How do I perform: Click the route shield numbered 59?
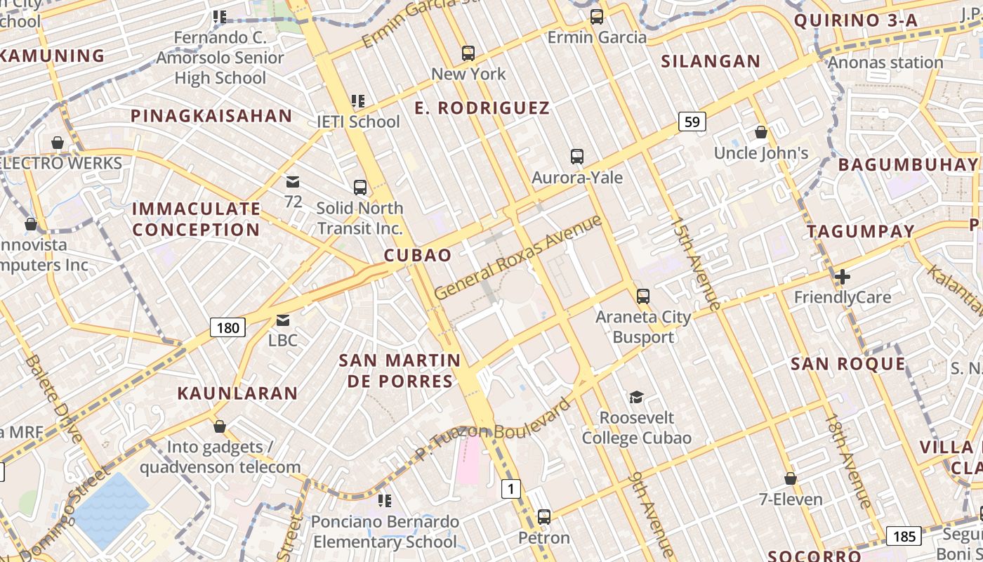click(x=692, y=122)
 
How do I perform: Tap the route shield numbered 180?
click(x=227, y=327)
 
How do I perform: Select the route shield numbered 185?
click(x=904, y=537)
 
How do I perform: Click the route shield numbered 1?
click(x=511, y=489)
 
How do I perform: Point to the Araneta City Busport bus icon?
click(x=643, y=296)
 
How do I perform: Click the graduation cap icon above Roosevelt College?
click(x=636, y=398)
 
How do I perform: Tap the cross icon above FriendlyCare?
click(x=842, y=277)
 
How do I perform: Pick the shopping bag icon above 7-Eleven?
click(x=791, y=479)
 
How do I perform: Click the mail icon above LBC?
click(x=283, y=320)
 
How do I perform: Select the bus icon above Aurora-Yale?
click(x=577, y=157)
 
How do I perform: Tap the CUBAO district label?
click(x=418, y=255)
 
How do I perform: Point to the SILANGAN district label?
click(x=711, y=62)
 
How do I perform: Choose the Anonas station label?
click(x=885, y=63)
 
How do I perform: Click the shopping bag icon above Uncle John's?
click(x=760, y=132)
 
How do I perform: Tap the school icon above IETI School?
click(x=358, y=101)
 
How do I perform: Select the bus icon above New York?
click(x=468, y=53)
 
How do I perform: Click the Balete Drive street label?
click(x=55, y=399)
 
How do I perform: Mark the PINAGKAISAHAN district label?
click(x=211, y=116)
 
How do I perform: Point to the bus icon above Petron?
click(x=544, y=518)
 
